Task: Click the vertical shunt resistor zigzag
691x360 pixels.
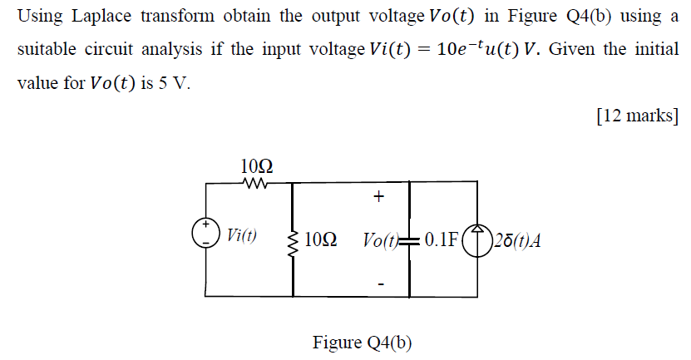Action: click(x=292, y=242)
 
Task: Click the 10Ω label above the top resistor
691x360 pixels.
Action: click(x=256, y=165)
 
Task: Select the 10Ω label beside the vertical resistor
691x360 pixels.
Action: click(x=320, y=241)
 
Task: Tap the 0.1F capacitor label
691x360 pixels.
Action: click(x=441, y=240)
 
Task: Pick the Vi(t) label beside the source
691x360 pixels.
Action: click(x=241, y=234)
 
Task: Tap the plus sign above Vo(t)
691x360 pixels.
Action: click(x=379, y=197)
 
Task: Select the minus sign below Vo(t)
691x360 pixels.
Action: click(x=380, y=283)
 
